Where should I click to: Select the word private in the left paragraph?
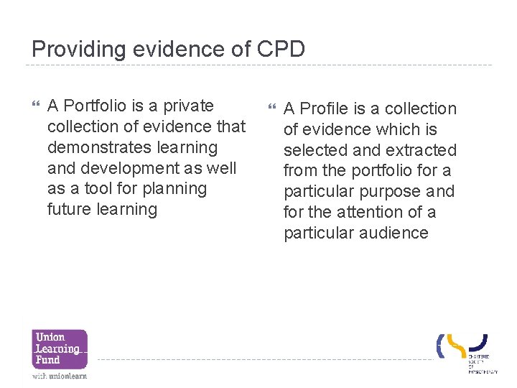188,106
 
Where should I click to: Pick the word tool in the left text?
96,189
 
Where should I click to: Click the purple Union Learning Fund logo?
59,348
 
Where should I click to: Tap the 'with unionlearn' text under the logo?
59,376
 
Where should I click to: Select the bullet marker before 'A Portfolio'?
37,106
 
